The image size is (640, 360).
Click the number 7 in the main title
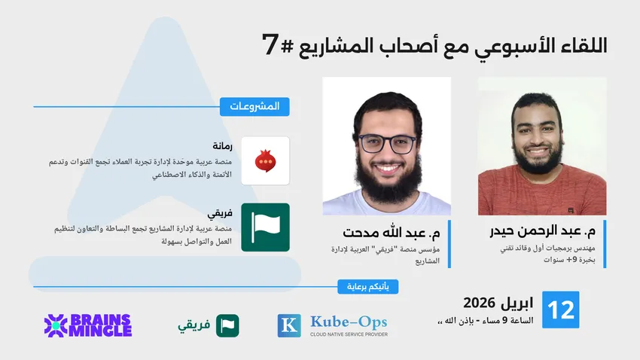(x=270, y=44)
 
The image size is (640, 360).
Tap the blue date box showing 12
(x=560, y=310)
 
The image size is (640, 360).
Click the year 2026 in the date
(x=479, y=303)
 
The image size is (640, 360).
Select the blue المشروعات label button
(x=254, y=106)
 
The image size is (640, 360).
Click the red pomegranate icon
(x=265, y=161)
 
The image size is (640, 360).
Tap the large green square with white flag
(x=265, y=227)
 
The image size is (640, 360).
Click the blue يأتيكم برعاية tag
(x=367, y=286)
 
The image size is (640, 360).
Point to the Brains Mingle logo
(x=88, y=325)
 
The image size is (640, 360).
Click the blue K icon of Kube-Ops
(x=289, y=325)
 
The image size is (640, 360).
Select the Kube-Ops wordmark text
(x=349, y=322)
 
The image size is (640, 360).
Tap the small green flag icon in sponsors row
(x=227, y=325)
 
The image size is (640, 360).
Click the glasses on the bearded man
(x=386, y=144)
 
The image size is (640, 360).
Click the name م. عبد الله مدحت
(x=392, y=233)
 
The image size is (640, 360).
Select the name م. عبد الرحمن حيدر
(x=542, y=231)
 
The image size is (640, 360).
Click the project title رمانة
(x=222, y=145)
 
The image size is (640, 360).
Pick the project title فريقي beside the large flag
(x=220, y=213)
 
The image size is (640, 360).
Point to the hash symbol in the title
(x=288, y=46)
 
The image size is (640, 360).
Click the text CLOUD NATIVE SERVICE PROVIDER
(x=349, y=334)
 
